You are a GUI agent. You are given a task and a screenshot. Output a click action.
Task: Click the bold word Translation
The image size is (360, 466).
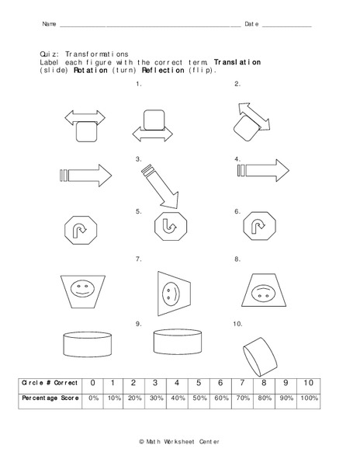[237, 61]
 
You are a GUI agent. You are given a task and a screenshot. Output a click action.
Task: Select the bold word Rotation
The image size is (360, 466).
[92, 70]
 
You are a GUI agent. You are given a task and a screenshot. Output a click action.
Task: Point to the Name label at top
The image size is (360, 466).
[49, 25]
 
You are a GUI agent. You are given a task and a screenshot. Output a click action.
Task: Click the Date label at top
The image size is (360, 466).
[251, 25]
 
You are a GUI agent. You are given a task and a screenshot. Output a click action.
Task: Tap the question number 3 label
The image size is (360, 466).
[138, 159]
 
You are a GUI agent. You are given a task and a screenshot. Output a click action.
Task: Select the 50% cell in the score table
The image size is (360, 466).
[199, 398]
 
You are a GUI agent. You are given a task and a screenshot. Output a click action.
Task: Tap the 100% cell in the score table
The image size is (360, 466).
[309, 398]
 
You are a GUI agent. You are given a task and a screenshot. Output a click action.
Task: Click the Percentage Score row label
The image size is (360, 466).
[50, 398]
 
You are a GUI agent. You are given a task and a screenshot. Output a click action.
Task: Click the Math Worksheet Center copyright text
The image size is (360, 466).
[178, 441]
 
